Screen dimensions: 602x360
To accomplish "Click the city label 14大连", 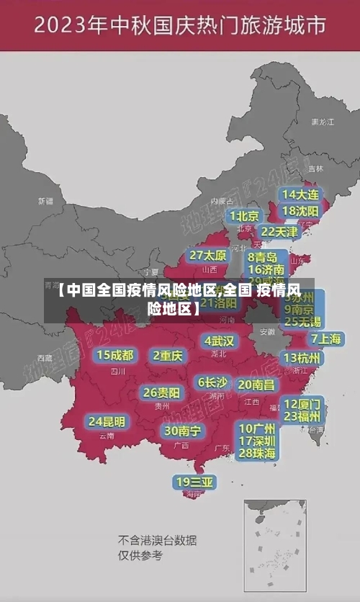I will [x=300, y=194].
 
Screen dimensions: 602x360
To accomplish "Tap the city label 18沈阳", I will [x=300, y=211].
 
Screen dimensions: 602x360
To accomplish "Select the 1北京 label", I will [x=245, y=215].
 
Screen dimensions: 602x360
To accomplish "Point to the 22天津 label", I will [x=279, y=232].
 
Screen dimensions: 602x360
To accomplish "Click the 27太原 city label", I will [x=208, y=256].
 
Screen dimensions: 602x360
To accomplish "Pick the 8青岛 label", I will [x=263, y=257].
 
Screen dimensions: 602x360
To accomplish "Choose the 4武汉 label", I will [x=219, y=341].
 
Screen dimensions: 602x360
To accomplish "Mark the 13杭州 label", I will [x=302, y=358].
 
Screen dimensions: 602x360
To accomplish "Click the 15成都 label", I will [x=114, y=355].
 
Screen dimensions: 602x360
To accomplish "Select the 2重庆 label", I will [x=168, y=355].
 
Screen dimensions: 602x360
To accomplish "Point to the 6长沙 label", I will [x=212, y=382].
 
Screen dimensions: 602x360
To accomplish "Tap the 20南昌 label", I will [x=256, y=385].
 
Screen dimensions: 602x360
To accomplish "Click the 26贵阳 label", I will [x=161, y=392].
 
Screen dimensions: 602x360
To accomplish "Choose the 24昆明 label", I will [x=107, y=421].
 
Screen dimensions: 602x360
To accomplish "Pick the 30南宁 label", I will [x=182, y=431].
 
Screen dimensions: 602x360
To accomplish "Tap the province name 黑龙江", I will [x=322, y=122].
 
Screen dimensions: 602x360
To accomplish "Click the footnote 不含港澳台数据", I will [x=157, y=540].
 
